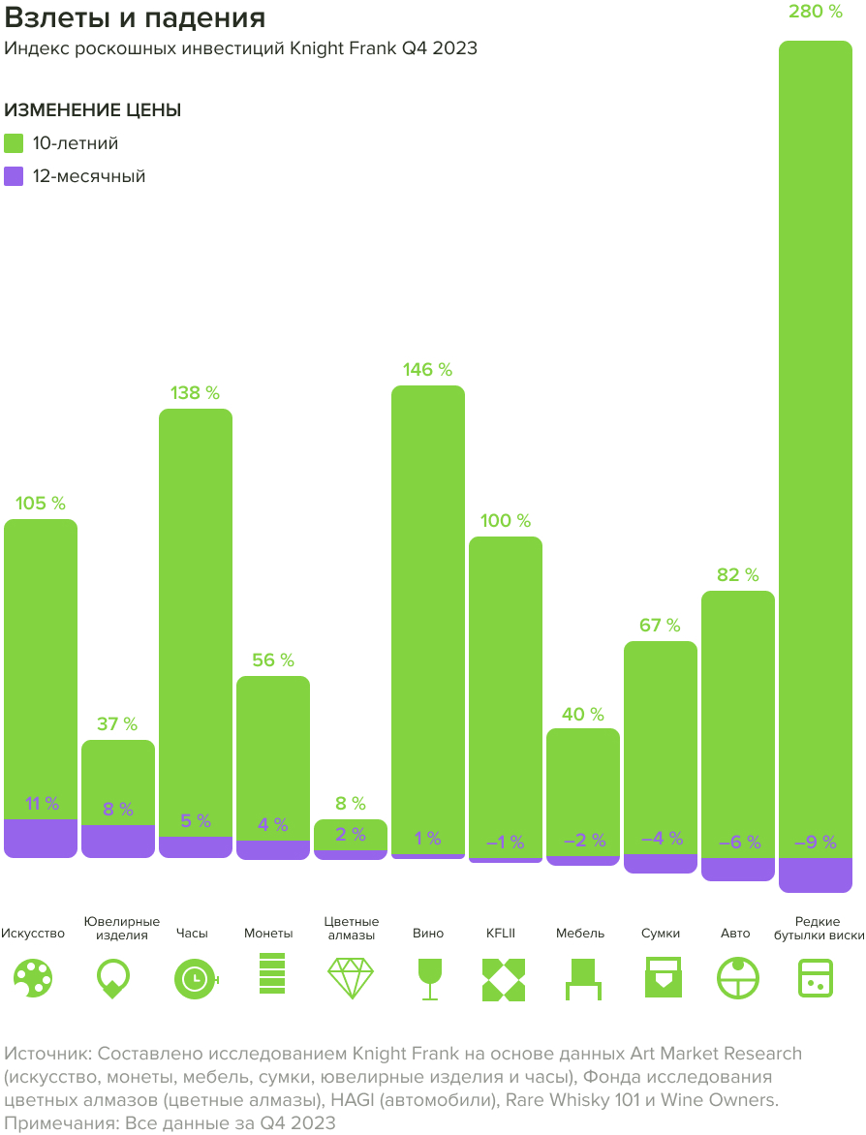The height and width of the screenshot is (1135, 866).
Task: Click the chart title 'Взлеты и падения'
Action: [x=135, y=18]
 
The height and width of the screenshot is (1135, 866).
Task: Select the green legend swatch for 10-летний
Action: [x=14, y=143]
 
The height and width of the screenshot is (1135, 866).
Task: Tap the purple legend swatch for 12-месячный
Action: [x=14, y=176]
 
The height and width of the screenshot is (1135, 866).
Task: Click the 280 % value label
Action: [x=815, y=12]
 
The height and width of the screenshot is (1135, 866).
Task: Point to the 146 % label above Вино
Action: [x=427, y=370]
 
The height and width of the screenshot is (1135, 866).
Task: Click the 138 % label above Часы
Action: [x=195, y=393]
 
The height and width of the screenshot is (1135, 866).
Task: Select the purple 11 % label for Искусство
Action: [x=41, y=804]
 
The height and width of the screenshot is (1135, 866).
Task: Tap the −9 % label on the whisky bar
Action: [x=815, y=843]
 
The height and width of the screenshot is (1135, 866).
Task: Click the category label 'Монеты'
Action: [x=268, y=934]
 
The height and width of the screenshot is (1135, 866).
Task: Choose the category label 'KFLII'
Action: [x=501, y=934]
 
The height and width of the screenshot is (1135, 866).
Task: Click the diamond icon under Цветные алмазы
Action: [x=350, y=978]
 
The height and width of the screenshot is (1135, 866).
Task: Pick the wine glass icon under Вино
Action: [x=427, y=978]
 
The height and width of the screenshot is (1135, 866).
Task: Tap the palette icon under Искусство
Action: [x=33, y=978]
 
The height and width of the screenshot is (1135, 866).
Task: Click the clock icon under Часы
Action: [x=195, y=978]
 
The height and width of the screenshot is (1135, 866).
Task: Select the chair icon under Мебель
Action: [x=583, y=978]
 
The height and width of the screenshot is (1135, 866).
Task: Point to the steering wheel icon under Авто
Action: [x=737, y=978]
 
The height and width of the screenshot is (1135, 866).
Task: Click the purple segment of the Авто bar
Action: [x=737, y=869]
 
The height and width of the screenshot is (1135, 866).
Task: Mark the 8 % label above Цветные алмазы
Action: [x=350, y=804]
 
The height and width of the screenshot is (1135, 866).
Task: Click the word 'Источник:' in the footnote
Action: [x=47, y=1053]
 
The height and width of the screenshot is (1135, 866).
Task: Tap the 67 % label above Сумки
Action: [x=660, y=626]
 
